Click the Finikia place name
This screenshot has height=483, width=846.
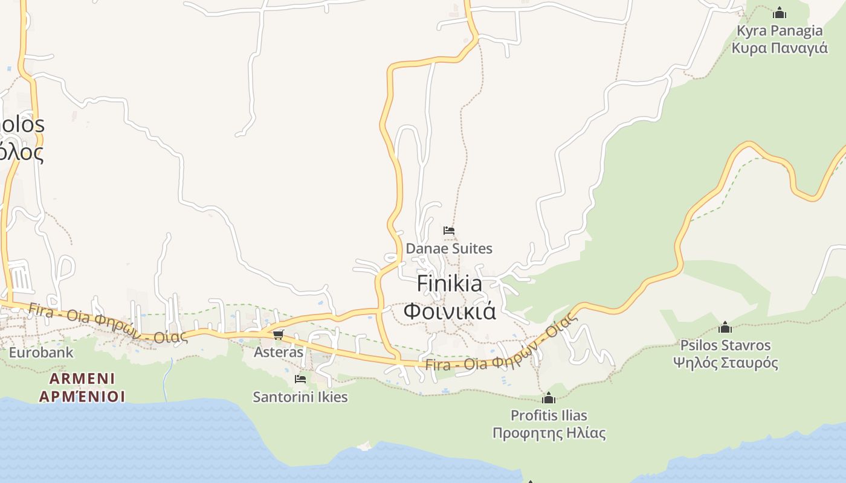[x=450, y=284]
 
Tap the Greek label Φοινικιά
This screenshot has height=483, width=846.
[x=450, y=311]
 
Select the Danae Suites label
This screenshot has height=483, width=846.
[x=449, y=248]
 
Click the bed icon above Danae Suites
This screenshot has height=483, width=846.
[x=448, y=231]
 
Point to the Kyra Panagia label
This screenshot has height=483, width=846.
[x=780, y=31]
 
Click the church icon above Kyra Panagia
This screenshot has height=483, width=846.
[x=780, y=13]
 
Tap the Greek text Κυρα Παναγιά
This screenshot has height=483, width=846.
[x=780, y=48]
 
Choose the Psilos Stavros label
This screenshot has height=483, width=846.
[x=725, y=345]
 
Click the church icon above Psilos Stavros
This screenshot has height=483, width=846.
[x=725, y=328]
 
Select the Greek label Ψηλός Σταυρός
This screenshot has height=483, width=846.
[x=725, y=363]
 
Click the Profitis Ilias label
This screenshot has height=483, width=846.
[x=549, y=415]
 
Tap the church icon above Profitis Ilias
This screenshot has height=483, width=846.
[x=549, y=398]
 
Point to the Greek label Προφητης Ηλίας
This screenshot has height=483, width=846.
[x=549, y=433]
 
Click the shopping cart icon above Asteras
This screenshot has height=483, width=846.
[x=278, y=334]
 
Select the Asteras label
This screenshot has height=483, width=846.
[x=278, y=351]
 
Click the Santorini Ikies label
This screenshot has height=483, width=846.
[x=300, y=397]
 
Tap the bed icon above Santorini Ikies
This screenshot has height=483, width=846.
[x=300, y=379]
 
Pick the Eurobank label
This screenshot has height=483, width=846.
[x=41, y=352]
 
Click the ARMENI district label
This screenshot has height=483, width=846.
[x=82, y=379]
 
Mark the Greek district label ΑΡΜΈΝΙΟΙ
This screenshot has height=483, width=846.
[x=82, y=396]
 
